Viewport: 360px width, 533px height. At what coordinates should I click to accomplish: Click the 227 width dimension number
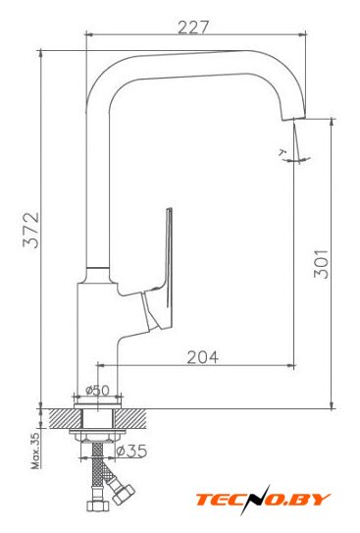(x=192, y=27)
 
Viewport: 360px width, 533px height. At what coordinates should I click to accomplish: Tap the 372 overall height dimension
(x=31, y=230)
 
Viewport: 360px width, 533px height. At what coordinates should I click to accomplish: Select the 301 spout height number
(x=321, y=264)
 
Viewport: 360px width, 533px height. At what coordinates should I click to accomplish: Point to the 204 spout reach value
(x=203, y=357)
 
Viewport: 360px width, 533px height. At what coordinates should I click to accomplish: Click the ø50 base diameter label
(x=97, y=390)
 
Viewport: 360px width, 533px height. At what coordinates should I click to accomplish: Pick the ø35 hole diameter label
(x=131, y=452)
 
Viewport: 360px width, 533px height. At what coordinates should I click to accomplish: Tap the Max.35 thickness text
(x=36, y=452)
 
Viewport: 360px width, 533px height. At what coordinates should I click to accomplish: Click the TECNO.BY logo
(x=263, y=500)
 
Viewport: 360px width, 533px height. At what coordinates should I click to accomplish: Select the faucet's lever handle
(x=161, y=272)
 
